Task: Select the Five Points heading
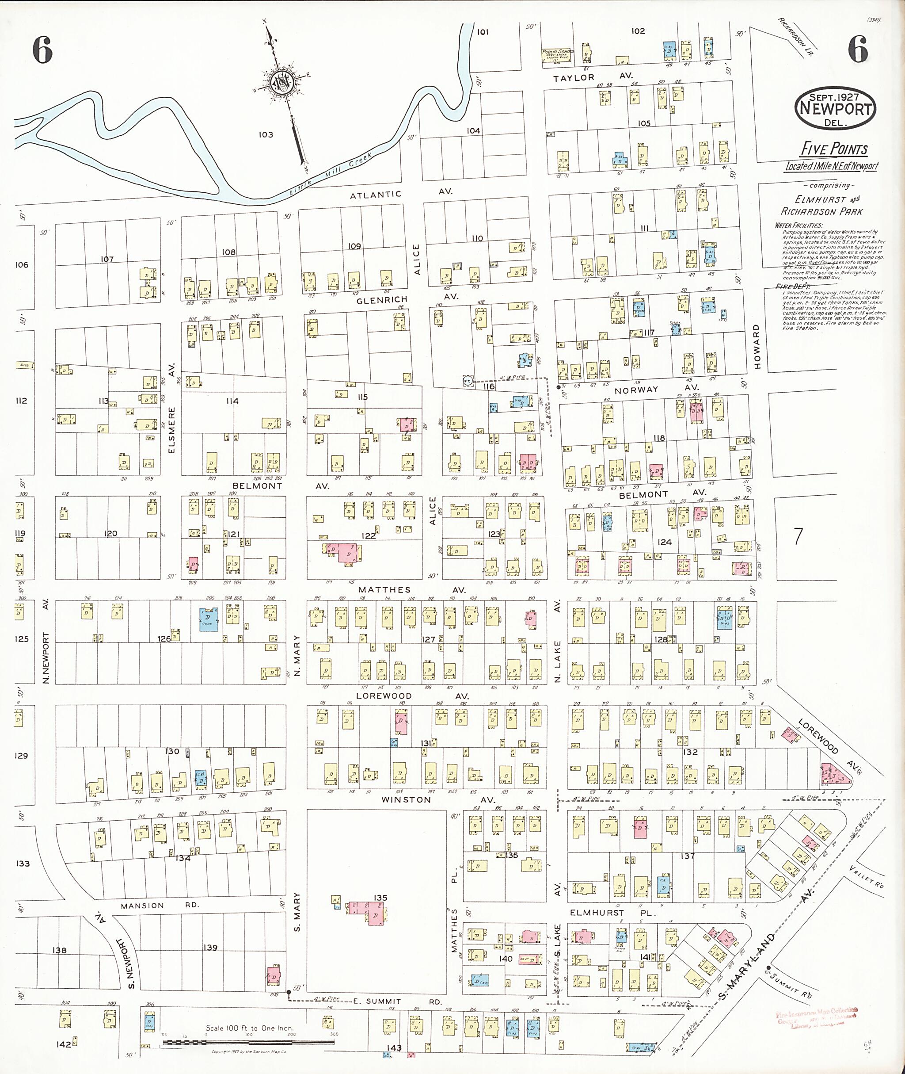[x=834, y=149]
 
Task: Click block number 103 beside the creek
[x=265, y=134]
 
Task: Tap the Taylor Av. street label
[x=593, y=77]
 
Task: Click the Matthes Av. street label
[x=412, y=590]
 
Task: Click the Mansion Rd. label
[x=160, y=906]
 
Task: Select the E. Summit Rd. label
[x=398, y=1001]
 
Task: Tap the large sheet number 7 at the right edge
[x=798, y=536]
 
